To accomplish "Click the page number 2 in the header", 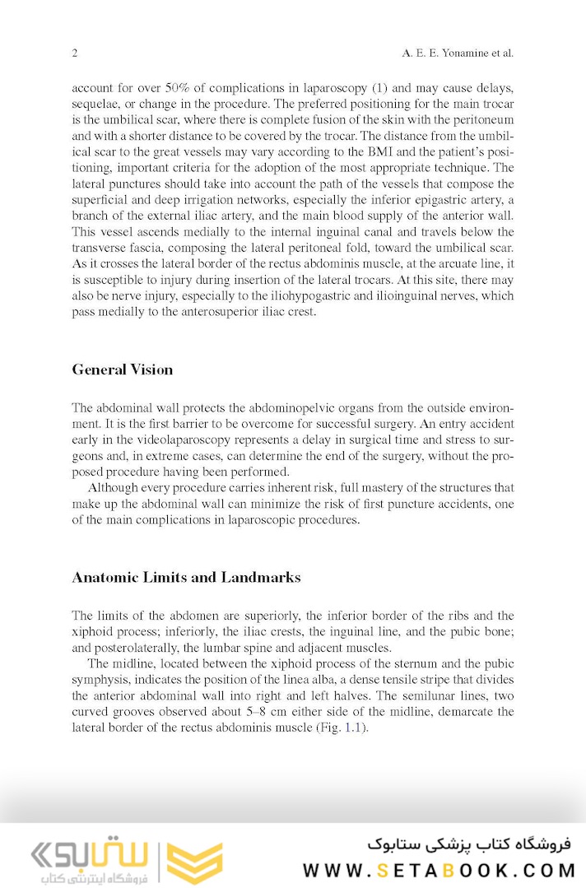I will (x=75, y=53).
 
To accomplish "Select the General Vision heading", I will (x=123, y=370).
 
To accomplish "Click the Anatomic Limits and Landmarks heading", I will (x=186, y=577).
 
